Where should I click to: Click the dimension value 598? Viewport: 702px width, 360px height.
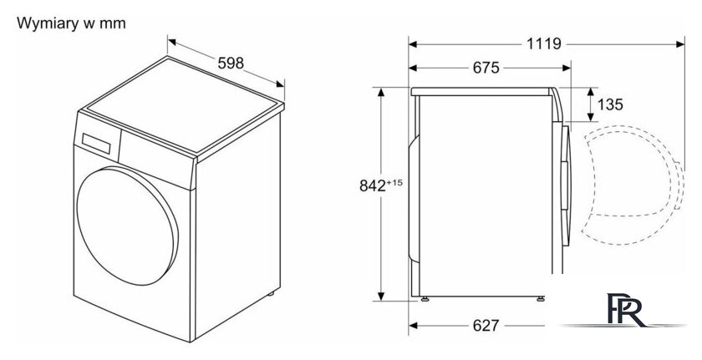click(x=231, y=63)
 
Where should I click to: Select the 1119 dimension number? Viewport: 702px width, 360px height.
click(x=543, y=43)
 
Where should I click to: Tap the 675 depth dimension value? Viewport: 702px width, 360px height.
click(x=486, y=68)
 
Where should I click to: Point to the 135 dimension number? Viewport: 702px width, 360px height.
click(x=610, y=104)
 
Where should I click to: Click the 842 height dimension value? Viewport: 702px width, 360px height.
click(x=373, y=185)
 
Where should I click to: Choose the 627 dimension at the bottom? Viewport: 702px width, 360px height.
click(x=486, y=326)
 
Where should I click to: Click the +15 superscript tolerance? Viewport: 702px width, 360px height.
click(x=394, y=182)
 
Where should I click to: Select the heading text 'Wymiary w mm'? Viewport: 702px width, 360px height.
click(x=71, y=23)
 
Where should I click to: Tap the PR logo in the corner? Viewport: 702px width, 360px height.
click(x=626, y=310)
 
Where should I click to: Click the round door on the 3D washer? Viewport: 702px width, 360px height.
click(x=127, y=226)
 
